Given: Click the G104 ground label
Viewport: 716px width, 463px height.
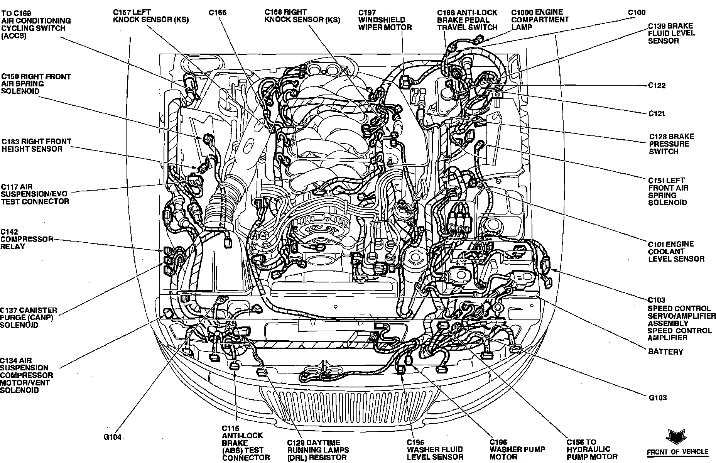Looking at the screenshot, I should click(113, 437).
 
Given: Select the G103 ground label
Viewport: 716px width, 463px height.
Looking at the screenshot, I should click(657, 398).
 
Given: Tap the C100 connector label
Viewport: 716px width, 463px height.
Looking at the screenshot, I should click(637, 12).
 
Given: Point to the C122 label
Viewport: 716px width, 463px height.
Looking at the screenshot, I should click(657, 86).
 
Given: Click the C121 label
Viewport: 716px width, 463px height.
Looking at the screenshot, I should click(657, 113).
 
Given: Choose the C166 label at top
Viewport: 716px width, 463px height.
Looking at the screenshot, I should click(218, 13).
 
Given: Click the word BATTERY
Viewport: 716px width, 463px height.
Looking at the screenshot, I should click(665, 352).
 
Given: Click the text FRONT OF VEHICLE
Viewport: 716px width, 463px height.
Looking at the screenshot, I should click(677, 452).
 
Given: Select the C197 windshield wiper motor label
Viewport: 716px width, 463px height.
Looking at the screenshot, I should click(385, 20).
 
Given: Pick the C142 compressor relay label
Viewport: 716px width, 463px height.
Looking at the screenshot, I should click(26, 239).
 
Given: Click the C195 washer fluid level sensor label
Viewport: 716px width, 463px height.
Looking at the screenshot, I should click(435, 450).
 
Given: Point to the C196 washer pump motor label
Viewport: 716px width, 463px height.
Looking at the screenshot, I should click(517, 450).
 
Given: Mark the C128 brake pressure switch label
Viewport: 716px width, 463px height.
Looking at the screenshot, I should click(671, 144).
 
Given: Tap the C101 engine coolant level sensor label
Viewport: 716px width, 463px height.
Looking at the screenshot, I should click(676, 252).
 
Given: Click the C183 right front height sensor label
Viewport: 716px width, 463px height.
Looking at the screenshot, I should click(36, 145).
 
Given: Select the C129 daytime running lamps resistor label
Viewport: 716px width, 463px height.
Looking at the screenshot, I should click(318, 450).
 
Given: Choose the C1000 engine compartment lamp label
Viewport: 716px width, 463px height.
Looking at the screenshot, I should click(540, 20).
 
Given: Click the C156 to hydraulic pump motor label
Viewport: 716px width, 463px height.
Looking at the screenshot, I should click(592, 450).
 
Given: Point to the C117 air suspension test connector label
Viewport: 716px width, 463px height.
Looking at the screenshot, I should click(35, 194).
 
